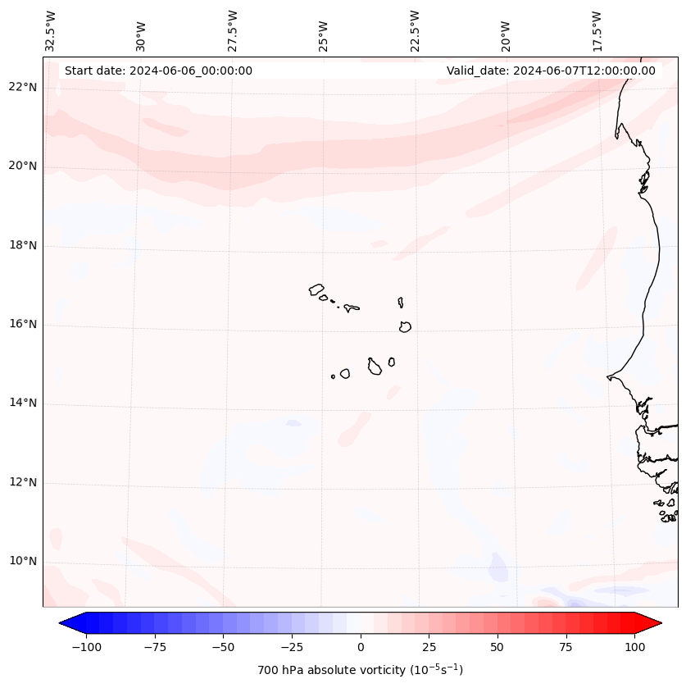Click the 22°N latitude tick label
point(22,87)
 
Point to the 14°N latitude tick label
point(22,403)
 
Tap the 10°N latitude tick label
point(22,562)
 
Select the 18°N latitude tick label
point(22,245)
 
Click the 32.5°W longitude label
point(51,31)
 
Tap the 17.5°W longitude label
point(597,31)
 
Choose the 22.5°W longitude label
point(415,31)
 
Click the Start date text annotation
point(158,71)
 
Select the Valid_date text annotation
point(551,71)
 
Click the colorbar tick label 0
point(361,647)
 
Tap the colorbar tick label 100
point(634,647)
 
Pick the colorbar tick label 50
point(497,647)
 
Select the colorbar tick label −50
point(223,647)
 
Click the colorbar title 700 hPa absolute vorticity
point(361,670)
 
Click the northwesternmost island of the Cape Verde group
point(316,289)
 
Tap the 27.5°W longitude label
point(233,31)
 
